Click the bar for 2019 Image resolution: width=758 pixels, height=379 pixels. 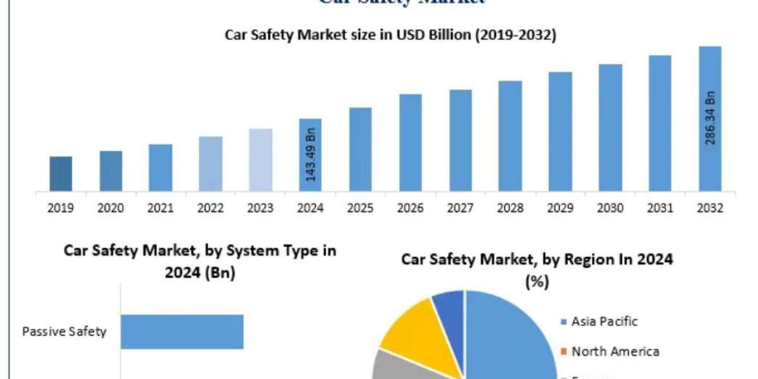tap(61, 174)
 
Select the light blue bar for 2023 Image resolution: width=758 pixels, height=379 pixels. tap(261, 160)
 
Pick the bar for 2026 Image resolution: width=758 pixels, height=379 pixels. tap(411, 143)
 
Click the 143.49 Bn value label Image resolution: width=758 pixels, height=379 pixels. tap(311, 155)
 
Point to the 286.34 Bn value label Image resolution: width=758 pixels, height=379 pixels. tap(710, 117)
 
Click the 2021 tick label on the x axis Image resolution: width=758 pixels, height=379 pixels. tap(160, 208)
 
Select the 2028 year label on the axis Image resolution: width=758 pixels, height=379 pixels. tap(510, 208)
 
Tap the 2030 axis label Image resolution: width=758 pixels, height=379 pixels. tap(610, 208)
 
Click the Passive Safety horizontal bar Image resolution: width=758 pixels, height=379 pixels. tap(182, 332)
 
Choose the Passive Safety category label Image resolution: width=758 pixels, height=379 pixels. tap(64, 332)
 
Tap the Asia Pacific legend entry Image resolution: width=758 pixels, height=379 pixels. tap(605, 322)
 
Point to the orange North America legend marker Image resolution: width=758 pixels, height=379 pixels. tap(563, 352)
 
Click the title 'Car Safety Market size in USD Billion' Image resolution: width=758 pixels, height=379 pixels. tap(390, 35)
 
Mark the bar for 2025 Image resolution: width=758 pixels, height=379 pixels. tap(361, 150)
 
